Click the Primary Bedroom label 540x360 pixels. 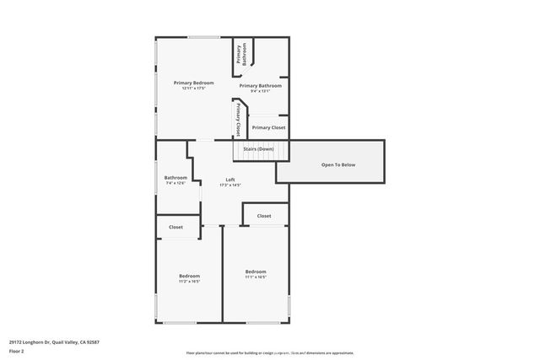point(193,83)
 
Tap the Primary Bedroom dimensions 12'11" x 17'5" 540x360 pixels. point(193,89)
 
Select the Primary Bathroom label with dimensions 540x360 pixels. point(260,85)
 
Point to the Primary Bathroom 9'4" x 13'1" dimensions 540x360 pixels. point(260,91)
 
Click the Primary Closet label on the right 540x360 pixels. point(268,127)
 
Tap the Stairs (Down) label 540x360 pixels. point(259,148)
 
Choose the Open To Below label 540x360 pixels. point(338,164)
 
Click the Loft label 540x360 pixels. point(230,180)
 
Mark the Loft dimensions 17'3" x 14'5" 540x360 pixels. point(230,185)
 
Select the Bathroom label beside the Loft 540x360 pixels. point(175,177)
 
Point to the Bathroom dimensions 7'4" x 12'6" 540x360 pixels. point(175,183)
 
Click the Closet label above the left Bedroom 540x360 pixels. point(175,227)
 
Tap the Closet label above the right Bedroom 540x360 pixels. point(264,216)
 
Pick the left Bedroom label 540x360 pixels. point(189,276)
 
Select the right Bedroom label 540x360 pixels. point(256,271)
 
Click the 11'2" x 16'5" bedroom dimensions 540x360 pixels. point(189,282)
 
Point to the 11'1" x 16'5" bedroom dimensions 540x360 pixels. point(256,277)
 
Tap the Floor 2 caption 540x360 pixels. point(16,351)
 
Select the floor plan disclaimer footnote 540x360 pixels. point(269,353)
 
